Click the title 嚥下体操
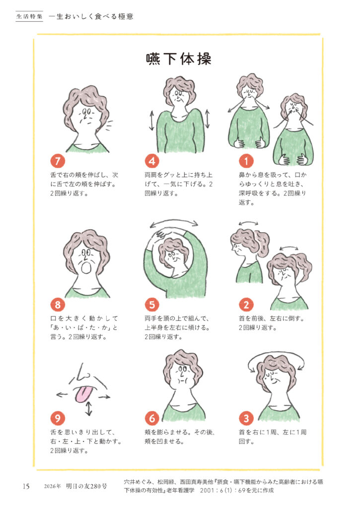point(179,59)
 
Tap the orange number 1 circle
point(246,161)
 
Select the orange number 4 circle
point(152,161)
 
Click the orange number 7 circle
point(58,161)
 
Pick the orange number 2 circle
point(246,305)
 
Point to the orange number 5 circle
point(152,305)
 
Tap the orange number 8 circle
point(58,305)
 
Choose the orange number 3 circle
point(246,418)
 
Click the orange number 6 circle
point(152,418)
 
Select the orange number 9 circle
point(58,418)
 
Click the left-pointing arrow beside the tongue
point(62,394)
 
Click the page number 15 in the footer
point(26,486)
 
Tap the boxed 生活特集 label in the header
point(29,16)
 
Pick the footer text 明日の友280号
point(86,486)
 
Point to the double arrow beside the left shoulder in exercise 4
point(151,121)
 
